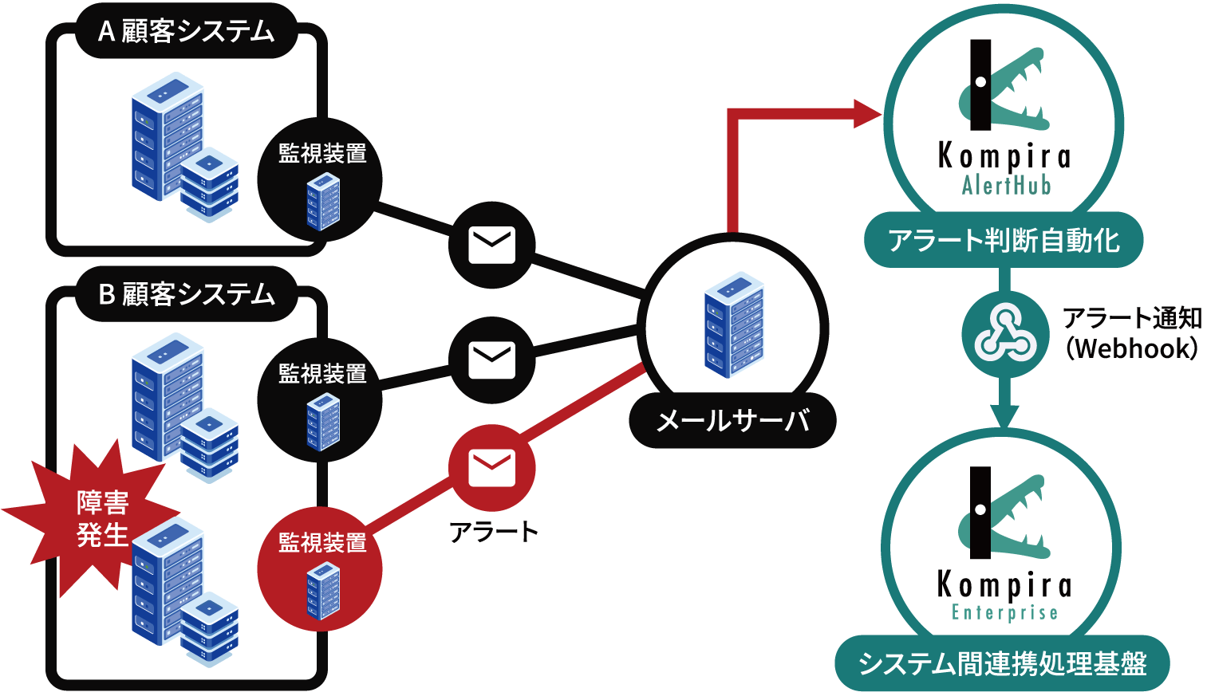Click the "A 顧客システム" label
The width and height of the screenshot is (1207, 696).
coord(186,32)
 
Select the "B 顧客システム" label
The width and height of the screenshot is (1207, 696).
coord(186,295)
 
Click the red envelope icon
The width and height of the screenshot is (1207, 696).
coord(491,467)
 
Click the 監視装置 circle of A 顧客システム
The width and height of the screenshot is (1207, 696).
coord(320,180)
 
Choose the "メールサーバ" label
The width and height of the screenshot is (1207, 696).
coord(732,420)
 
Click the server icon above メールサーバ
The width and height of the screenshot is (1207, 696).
coord(734,324)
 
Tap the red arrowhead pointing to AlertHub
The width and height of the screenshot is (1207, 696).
coord(866,113)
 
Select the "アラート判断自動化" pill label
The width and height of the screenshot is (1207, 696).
coord(1004,240)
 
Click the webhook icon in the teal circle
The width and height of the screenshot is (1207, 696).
coord(1005,334)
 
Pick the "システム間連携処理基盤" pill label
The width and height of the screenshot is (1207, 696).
coord(1002,663)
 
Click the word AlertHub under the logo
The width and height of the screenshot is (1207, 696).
coord(1006,186)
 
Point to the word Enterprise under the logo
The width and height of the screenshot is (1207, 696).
coord(1005,612)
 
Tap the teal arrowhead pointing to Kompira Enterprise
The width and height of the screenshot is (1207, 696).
coord(1004,417)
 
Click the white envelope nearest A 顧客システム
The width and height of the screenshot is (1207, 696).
coord(491,245)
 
